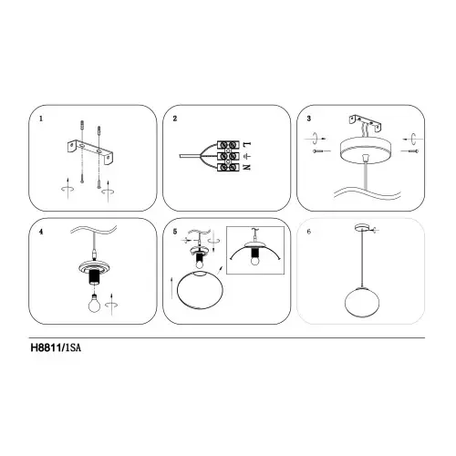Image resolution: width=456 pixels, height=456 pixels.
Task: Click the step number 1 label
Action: click(41, 119)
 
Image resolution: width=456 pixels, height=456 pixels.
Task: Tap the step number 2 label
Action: click(175, 119)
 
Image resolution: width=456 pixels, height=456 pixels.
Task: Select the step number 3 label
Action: click(309, 119)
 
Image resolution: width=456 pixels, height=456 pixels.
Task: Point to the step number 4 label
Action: click(41, 232)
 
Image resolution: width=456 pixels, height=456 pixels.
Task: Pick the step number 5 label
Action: click(175, 232)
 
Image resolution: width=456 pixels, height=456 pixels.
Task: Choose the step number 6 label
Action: click(309, 232)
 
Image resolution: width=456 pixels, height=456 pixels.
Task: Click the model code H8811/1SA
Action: click(56, 347)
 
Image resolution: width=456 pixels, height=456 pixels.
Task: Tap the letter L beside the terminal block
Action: click(247, 144)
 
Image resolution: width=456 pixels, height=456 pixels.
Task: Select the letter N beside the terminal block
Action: click(247, 167)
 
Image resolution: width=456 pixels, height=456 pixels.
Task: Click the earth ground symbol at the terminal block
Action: click(247, 156)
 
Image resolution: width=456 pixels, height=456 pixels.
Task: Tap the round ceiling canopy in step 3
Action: click(366, 150)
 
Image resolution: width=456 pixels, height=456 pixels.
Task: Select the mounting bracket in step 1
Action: click(90, 151)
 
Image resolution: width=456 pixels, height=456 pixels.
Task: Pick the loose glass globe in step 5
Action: click(201, 290)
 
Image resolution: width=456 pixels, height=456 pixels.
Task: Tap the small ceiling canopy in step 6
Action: click(362, 227)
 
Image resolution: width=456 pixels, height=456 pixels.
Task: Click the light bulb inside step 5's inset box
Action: click(254, 261)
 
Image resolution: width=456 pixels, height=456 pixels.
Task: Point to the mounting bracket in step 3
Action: click(366, 122)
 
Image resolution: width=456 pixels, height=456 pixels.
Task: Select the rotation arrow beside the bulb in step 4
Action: click(111, 305)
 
